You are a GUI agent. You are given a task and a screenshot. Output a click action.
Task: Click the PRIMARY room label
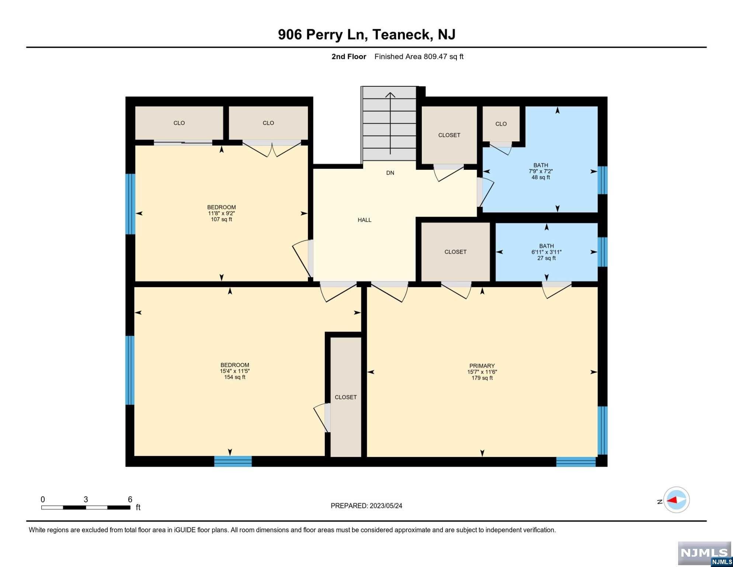pyautogui.click(x=482, y=366)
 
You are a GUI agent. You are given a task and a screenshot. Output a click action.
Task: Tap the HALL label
pyautogui.click(x=364, y=220)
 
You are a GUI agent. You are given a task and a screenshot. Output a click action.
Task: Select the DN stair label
pyautogui.click(x=390, y=173)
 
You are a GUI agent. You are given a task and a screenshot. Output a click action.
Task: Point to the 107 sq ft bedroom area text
pyautogui.click(x=221, y=219)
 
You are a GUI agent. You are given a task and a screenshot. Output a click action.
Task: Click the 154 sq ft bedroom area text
pyautogui.click(x=235, y=377)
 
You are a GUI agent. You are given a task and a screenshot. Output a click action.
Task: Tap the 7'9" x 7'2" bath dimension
pyautogui.click(x=541, y=171)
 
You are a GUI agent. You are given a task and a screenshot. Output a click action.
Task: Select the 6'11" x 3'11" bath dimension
pyautogui.click(x=546, y=252)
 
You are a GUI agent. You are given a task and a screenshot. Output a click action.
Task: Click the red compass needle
pyautogui.click(x=672, y=500)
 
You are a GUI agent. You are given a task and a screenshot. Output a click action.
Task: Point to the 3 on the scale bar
pyautogui.click(x=86, y=499)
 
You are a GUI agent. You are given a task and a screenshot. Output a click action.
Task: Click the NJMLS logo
pyautogui.click(x=705, y=554)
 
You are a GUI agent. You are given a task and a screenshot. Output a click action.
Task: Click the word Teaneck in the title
pyautogui.click(x=402, y=34)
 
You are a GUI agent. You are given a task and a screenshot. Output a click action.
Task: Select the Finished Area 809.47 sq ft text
pyautogui.click(x=419, y=56)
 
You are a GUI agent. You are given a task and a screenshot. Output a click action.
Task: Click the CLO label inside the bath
pyautogui.click(x=501, y=124)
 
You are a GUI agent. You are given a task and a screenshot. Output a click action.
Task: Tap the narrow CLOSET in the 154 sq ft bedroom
pyautogui.click(x=345, y=397)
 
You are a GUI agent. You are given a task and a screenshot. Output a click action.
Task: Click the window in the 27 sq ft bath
pyautogui.click(x=602, y=252)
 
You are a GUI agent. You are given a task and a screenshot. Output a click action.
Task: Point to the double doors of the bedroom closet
pyautogui.click(x=272, y=148)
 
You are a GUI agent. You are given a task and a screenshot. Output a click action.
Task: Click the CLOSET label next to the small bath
pyautogui.click(x=455, y=252)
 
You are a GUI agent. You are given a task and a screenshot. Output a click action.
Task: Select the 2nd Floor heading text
pyautogui.click(x=349, y=56)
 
